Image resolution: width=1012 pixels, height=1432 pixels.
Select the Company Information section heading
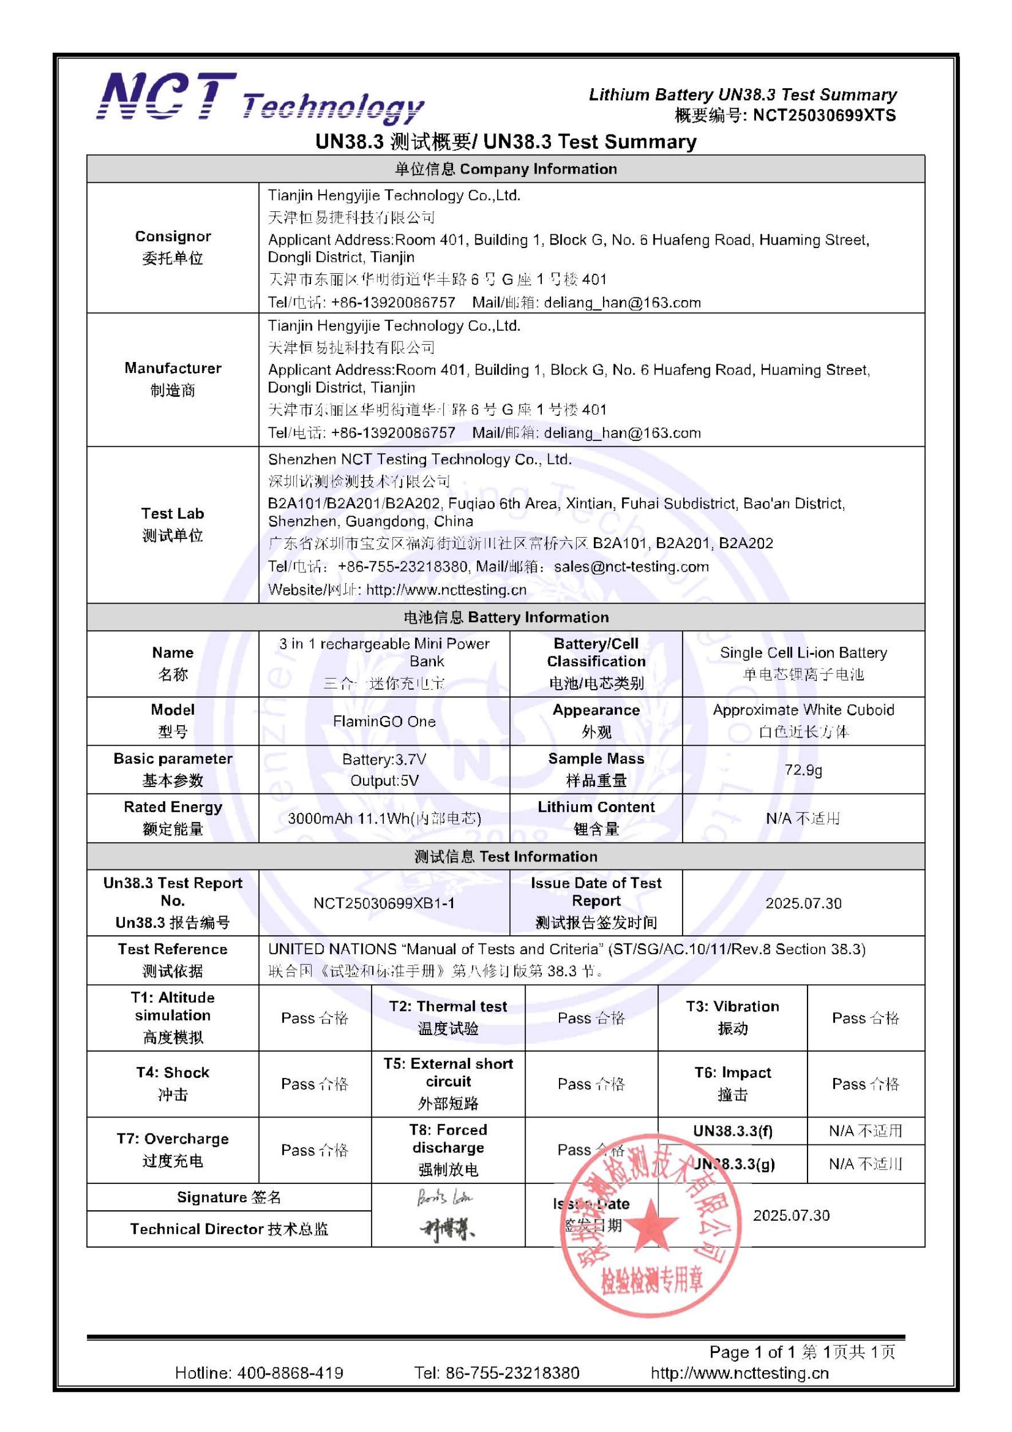[x=506, y=169]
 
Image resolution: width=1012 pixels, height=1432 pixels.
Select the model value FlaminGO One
[x=384, y=722]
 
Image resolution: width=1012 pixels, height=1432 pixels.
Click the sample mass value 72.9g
[x=803, y=770]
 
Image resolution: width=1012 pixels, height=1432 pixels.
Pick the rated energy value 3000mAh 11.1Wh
[x=384, y=819]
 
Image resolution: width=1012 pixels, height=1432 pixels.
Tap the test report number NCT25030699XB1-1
[x=384, y=903]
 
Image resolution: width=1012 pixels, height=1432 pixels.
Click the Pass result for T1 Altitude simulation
[x=315, y=1018]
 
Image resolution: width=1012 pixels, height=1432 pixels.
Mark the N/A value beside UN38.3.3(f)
[x=865, y=1131]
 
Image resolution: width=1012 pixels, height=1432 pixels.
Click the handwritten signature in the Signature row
[x=444, y=1198]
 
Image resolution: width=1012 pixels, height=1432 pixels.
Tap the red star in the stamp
[x=652, y=1223]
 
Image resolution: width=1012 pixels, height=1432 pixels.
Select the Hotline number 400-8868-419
[x=259, y=1373]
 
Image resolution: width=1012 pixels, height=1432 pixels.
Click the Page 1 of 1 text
[x=754, y=1352]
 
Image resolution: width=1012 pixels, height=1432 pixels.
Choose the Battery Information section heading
[x=506, y=617]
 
